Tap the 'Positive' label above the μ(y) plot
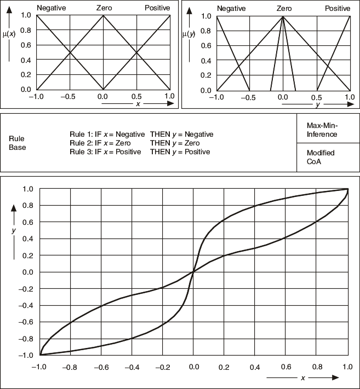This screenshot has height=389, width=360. pyautogui.click(x=337, y=8)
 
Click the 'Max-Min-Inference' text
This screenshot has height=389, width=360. pyautogui.click(x=322, y=130)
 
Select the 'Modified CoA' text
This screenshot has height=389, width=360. pyautogui.click(x=321, y=157)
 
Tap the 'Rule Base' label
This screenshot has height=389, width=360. pyautogui.click(x=17, y=143)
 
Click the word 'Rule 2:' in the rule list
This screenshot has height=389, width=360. pyautogui.click(x=81, y=143)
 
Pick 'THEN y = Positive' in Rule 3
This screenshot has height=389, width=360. pyautogui.click(x=180, y=152)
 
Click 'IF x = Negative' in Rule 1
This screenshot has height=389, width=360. pyautogui.click(x=119, y=134)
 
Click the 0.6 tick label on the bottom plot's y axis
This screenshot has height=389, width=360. pyautogui.click(x=28, y=222)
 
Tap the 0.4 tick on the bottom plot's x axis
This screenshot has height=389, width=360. pyautogui.click(x=254, y=366)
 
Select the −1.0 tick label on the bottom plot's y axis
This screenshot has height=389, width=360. pyautogui.click(x=26, y=355)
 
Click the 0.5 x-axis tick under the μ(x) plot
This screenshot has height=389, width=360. pyautogui.click(x=136, y=96)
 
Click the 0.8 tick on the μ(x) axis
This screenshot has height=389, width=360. pyautogui.click(x=26, y=30)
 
